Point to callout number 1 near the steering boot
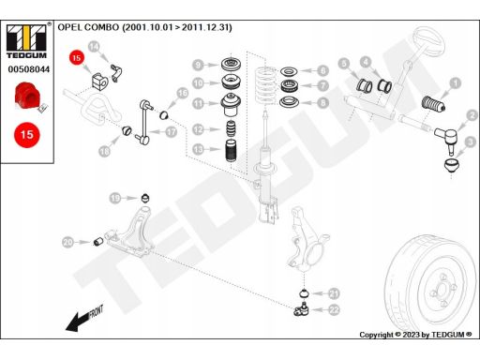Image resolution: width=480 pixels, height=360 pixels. (456, 83)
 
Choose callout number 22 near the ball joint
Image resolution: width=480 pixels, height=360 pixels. (335, 308)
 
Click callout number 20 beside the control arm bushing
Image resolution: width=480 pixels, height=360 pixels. (67, 244)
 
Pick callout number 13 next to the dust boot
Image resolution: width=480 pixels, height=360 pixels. (199, 149)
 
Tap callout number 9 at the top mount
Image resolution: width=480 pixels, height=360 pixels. (199, 65)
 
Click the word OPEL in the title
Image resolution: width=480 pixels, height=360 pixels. (71, 29)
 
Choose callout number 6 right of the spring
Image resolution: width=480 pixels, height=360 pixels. (322, 70)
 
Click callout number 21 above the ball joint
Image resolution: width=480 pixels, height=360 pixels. (335, 292)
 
